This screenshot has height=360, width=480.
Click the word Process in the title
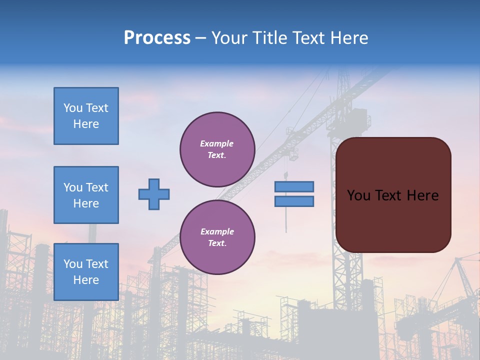(157, 38)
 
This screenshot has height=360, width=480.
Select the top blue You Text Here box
(86, 116)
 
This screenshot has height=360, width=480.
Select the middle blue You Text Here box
(86, 195)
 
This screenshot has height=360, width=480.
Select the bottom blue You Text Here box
(86, 271)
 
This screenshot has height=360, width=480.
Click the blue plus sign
(154, 194)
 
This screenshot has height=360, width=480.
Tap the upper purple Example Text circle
(217, 149)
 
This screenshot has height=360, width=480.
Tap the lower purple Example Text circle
(217, 237)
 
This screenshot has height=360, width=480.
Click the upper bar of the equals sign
(294, 187)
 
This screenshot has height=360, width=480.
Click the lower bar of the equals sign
(294, 201)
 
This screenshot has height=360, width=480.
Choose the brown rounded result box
(393, 195)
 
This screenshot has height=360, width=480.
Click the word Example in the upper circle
(217, 143)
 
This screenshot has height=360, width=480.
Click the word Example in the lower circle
(217, 231)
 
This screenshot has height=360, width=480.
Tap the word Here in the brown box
(422, 195)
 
